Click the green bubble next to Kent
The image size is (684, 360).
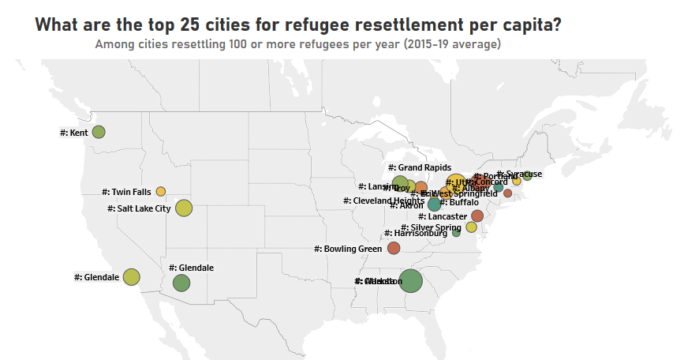pos(99,132)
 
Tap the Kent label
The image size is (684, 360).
pos(74,133)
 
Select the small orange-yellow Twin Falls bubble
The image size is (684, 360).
pos(161,191)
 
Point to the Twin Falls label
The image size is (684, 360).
pos(126,192)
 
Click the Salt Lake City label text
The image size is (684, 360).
pos(139,208)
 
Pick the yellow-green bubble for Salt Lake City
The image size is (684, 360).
pos(184,208)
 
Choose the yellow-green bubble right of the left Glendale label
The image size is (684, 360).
pos(131,277)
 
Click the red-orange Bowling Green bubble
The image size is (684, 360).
pos(394,248)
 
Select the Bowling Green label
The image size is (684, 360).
pos(348,249)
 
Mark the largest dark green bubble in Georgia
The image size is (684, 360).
pos(410,281)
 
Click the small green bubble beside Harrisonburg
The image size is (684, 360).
pos(456,233)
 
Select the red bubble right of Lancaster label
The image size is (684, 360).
pos(477,216)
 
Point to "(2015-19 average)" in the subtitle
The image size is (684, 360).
pos(452,44)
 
